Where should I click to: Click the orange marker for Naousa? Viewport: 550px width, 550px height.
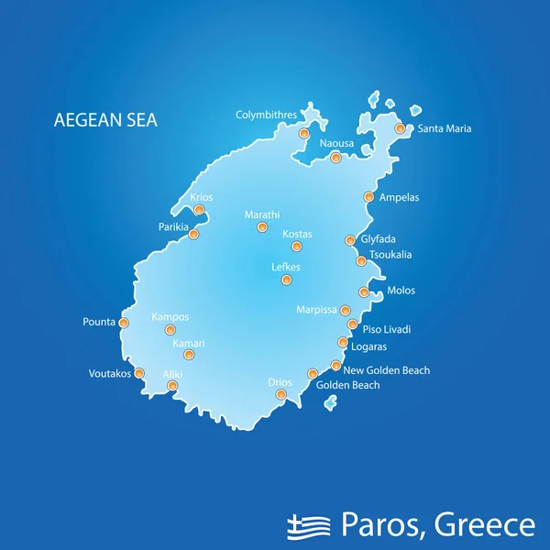click(x=335, y=159)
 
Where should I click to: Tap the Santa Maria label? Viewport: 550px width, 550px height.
click(x=445, y=129)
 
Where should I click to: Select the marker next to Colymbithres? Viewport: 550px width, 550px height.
click(x=304, y=134)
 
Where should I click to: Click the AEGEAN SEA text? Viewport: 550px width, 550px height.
click(x=105, y=120)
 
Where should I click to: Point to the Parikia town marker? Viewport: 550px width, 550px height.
click(x=193, y=235)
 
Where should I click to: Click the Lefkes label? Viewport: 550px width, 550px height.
click(x=286, y=268)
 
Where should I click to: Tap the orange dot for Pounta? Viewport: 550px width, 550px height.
click(x=124, y=323)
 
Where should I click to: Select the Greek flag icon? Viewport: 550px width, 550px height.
click(x=309, y=525)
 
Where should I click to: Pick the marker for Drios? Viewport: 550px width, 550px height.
click(x=281, y=395)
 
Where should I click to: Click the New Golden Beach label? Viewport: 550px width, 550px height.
click(x=386, y=370)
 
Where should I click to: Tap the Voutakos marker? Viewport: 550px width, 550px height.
click(x=139, y=373)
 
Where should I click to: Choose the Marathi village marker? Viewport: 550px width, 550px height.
click(x=262, y=227)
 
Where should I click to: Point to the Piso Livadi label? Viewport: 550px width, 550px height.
click(x=387, y=329)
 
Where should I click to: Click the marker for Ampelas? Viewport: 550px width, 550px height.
click(x=368, y=197)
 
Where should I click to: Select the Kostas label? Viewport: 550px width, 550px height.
click(x=297, y=235)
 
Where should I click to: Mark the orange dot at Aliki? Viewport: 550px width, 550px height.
click(x=172, y=386)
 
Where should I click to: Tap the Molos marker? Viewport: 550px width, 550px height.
click(x=364, y=292)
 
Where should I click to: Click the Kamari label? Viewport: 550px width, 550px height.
click(x=189, y=344)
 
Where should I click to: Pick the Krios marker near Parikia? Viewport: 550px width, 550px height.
click(x=199, y=210)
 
